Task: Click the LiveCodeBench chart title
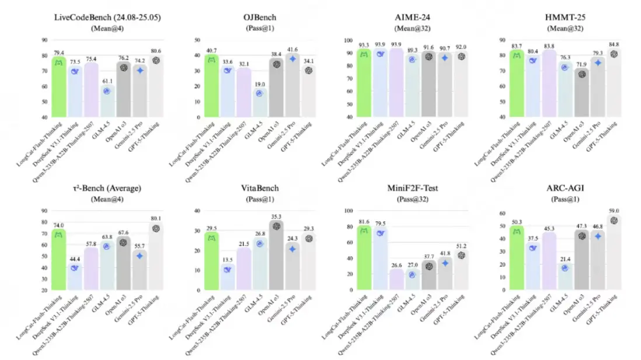point(100,18)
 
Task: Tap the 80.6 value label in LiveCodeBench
point(156,50)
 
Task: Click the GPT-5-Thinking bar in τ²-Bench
point(156,257)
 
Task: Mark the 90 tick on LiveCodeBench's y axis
point(44,40)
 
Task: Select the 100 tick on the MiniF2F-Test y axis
point(348,211)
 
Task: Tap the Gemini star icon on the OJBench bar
point(294,58)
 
